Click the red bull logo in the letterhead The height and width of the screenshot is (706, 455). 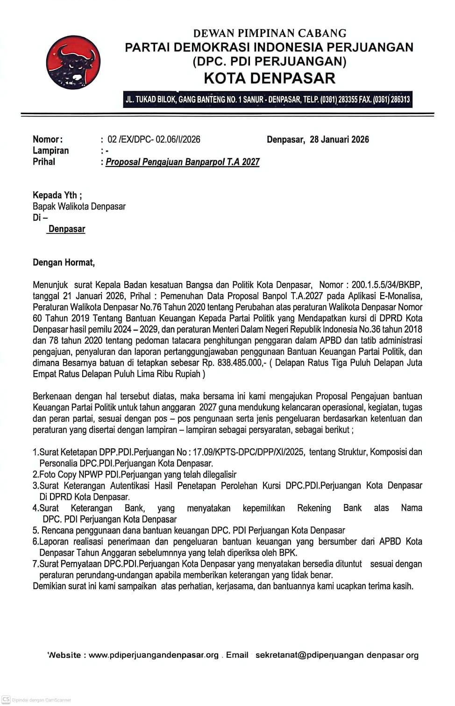(73, 62)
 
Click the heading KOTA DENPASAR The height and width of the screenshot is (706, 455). (270, 78)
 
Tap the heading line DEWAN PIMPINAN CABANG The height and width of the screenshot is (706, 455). (270, 33)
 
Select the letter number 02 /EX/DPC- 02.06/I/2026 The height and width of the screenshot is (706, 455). (154, 139)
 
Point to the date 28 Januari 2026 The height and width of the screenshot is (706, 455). (339, 139)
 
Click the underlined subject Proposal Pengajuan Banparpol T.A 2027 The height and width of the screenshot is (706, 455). (183, 162)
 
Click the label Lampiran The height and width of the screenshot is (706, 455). (50, 151)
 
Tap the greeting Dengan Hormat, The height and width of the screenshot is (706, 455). (64, 262)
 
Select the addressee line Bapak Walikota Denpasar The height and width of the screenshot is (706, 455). (79, 206)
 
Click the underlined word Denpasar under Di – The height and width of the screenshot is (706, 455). (67, 229)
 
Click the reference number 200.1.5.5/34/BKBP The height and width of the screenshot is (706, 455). (386, 285)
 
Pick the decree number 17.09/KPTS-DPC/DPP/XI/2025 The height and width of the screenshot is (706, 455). (249, 452)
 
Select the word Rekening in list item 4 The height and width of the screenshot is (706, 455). (314, 508)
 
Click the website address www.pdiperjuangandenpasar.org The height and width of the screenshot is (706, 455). (154, 655)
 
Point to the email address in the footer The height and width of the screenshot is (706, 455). (337, 655)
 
